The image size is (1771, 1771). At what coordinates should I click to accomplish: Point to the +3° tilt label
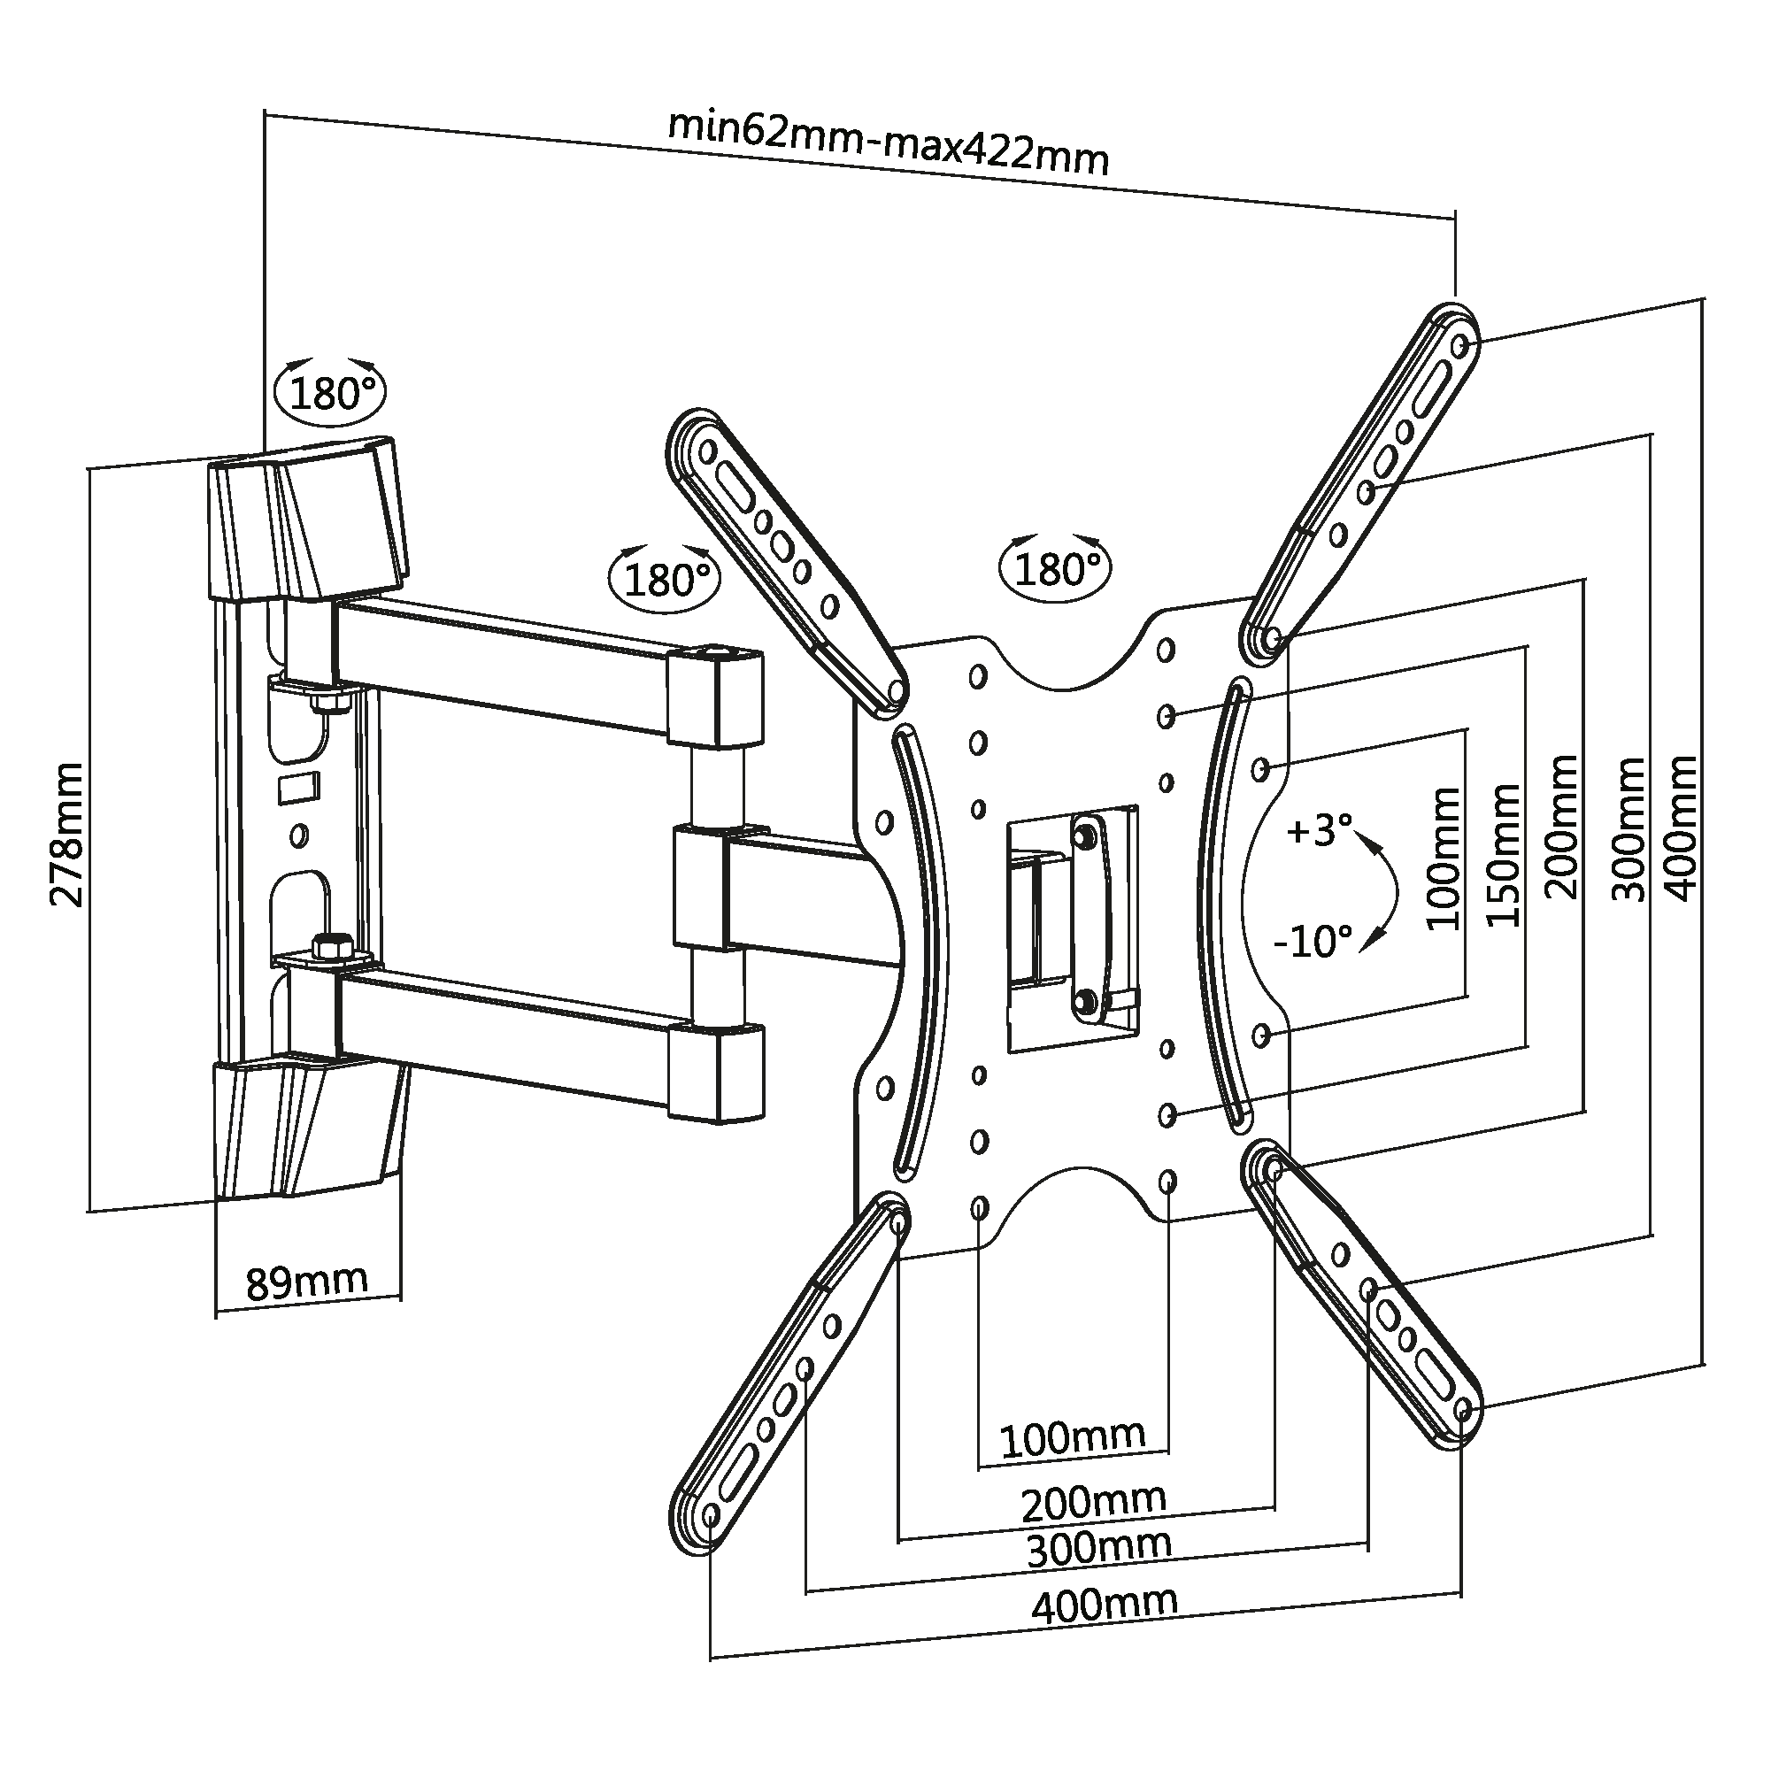point(1319,831)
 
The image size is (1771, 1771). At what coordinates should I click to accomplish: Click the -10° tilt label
point(1313,942)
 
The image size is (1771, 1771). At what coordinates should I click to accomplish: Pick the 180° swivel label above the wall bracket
point(331,394)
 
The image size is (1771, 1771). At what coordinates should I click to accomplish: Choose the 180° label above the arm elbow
point(666,580)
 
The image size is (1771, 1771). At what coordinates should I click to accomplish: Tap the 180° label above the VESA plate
point(1055,570)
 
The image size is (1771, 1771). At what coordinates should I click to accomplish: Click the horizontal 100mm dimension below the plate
point(1072,1437)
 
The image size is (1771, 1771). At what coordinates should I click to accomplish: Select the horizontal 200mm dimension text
point(1093,1501)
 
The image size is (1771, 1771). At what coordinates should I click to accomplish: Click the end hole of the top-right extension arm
point(1461,345)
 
